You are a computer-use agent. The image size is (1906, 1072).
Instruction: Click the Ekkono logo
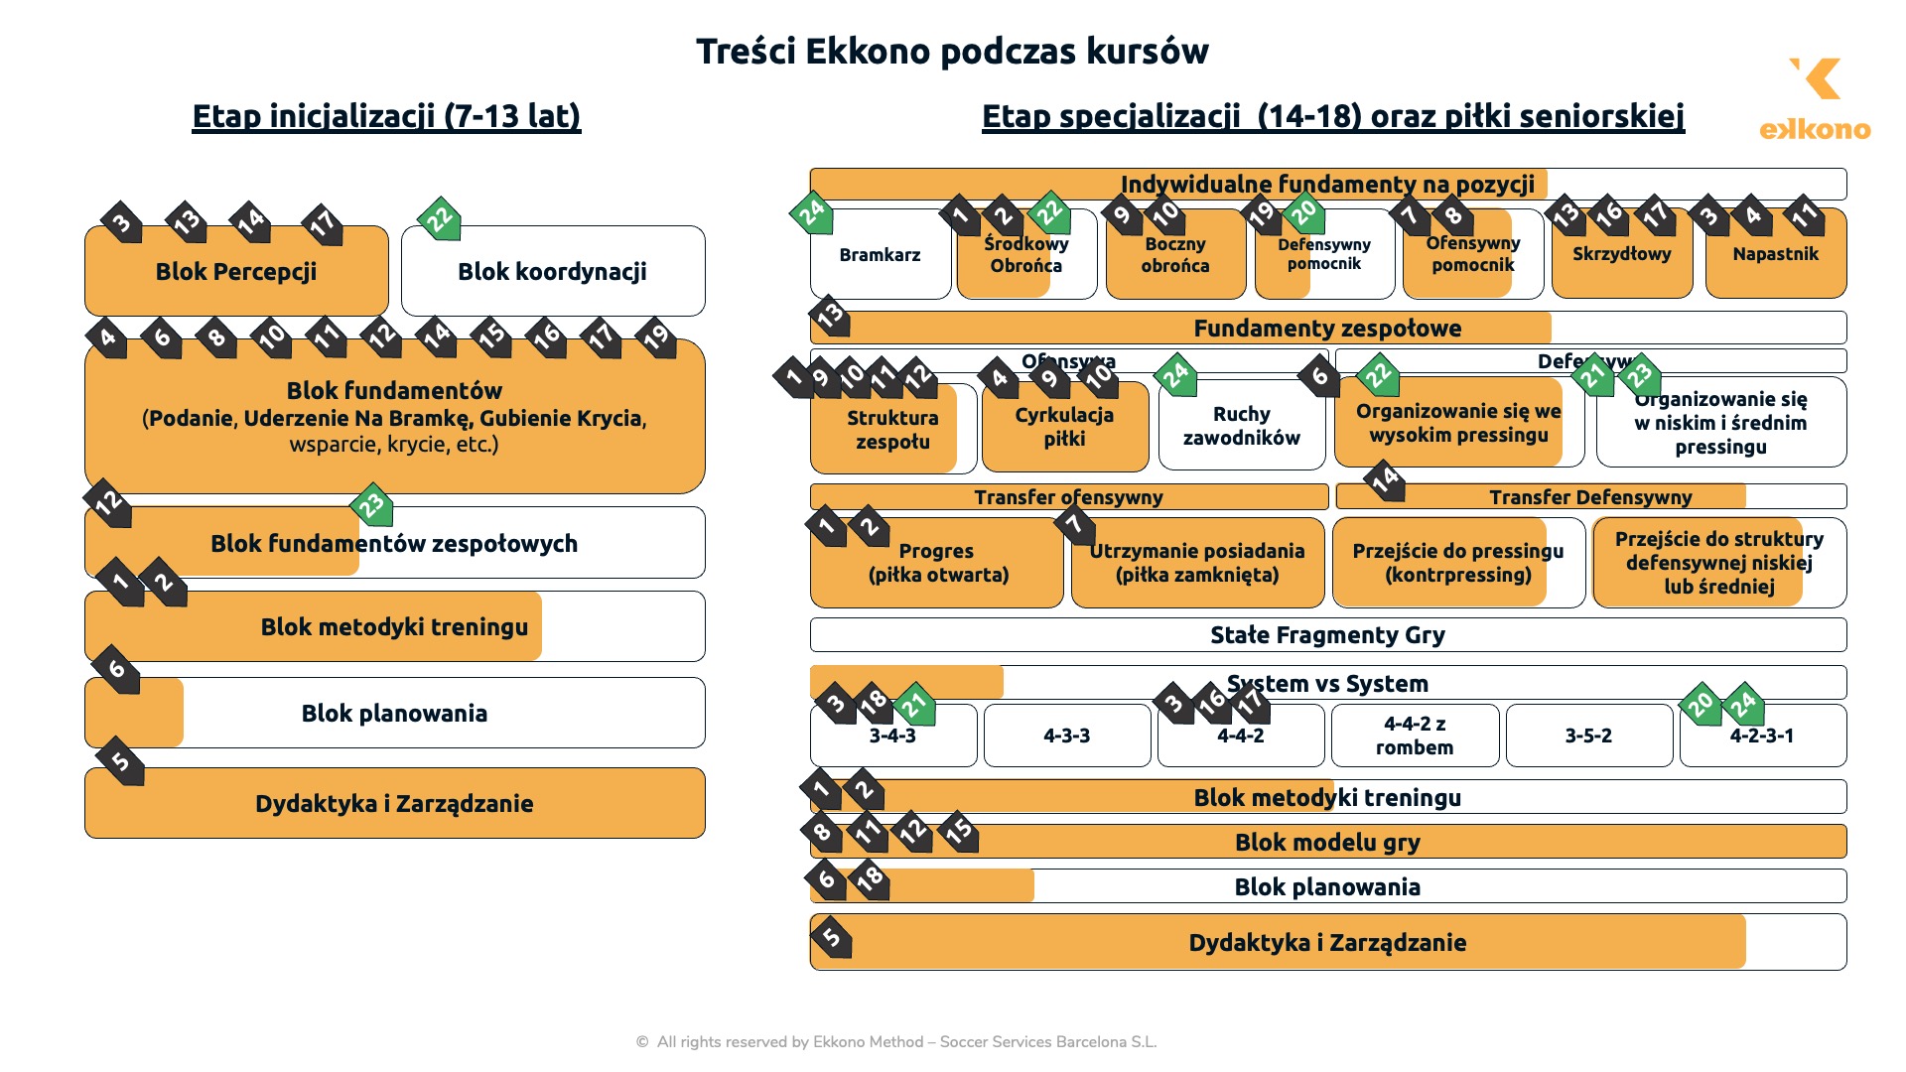1815,99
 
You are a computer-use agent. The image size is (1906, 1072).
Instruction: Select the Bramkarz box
880,255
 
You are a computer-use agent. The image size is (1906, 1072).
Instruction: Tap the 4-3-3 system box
1066,737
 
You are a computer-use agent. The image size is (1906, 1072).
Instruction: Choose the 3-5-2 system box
1588,737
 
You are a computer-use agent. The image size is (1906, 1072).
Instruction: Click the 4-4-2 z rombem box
1415,737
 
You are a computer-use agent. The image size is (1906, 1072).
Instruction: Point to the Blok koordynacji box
552,272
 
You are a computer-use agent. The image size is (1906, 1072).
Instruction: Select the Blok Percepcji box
236,272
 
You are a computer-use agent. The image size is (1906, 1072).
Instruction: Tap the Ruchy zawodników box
1241,427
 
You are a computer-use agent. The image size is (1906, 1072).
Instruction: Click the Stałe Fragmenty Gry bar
1327,635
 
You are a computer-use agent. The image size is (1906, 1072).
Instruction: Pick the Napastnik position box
1775,255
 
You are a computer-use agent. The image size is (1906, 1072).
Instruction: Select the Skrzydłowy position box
1621,255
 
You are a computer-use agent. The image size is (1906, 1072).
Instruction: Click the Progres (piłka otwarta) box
937,564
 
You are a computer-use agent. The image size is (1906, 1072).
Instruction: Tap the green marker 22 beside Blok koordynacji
440,219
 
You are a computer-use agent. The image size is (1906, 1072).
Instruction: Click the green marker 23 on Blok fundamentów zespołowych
372,505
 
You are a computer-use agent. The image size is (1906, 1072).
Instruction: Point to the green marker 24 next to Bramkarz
812,212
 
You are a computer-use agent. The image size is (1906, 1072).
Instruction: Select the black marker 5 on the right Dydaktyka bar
832,937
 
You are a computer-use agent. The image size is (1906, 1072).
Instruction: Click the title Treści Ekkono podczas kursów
952,52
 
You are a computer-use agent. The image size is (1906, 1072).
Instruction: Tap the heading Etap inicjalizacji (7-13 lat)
386,116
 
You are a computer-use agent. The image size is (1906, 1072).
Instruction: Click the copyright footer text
896,1042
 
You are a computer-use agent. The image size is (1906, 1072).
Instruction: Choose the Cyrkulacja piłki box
1064,427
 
